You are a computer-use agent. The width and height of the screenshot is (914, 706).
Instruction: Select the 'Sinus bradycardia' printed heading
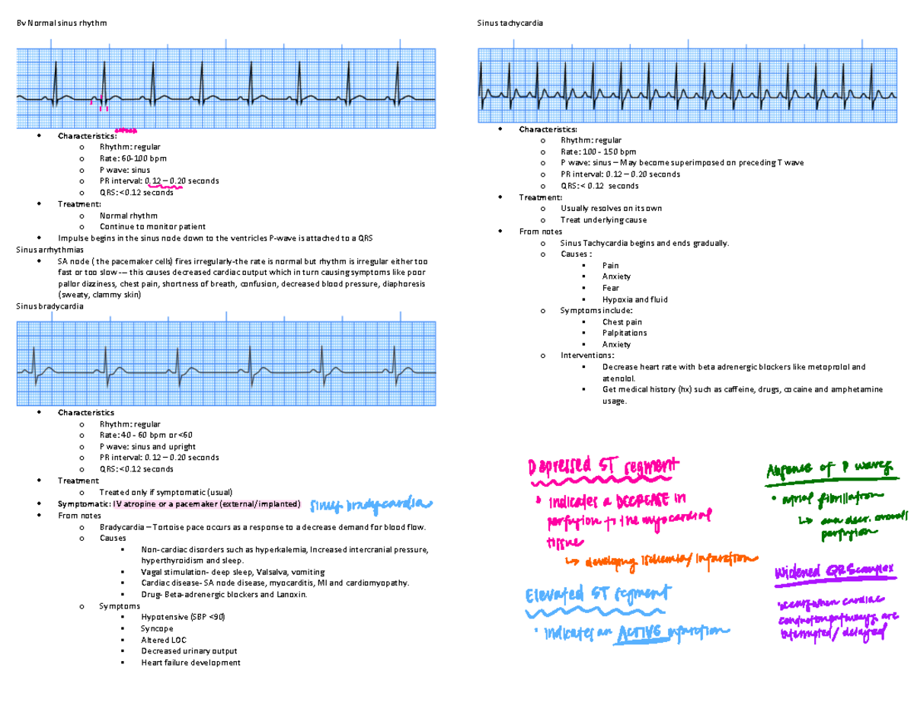[x=50, y=306]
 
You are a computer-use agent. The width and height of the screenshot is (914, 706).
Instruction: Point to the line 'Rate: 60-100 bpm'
[x=131, y=158]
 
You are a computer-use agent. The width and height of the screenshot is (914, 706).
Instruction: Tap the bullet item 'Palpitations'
[x=625, y=333]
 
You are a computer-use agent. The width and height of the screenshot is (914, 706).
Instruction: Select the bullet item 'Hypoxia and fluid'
[x=634, y=299]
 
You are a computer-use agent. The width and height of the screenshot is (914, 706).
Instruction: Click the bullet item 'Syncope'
[x=157, y=629]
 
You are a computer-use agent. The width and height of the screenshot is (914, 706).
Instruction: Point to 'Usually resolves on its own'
[x=611, y=209]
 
